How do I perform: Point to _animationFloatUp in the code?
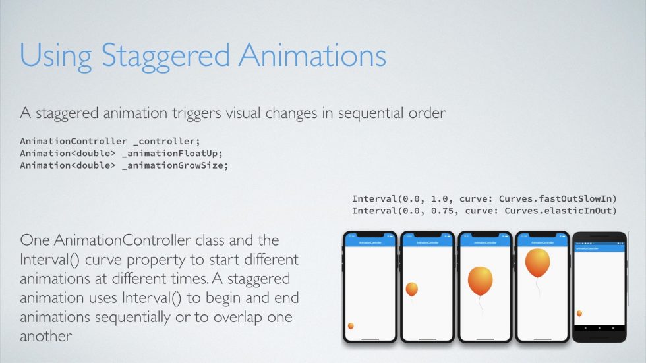pyautogui.click(x=173, y=154)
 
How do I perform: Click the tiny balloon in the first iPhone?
pyautogui.click(x=351, y=326)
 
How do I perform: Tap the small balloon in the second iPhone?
pyautogui.click(x=411, y=289)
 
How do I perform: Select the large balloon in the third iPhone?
pyautogui.click(x=480, y=280)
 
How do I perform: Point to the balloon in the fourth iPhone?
pyautogui.click(x=538, y=263)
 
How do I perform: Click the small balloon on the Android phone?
pyautogui.click(x=579, y=314)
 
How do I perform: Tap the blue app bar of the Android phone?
pyautogui.click(x=601, y=248)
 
